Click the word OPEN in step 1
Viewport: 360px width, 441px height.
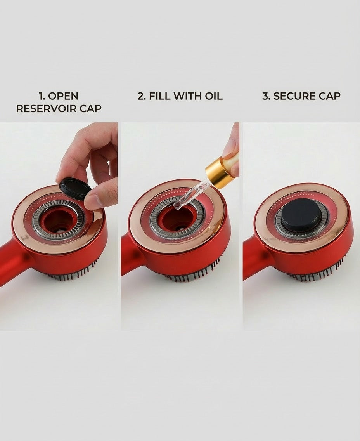(63, 96)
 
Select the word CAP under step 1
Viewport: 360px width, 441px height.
(90, 109)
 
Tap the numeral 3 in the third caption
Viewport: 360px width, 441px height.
(265, 96)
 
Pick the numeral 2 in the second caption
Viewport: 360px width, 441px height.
(141, 96)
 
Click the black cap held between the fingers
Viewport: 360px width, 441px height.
(75, 189)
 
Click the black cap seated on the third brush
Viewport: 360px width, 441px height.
(301, 214)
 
